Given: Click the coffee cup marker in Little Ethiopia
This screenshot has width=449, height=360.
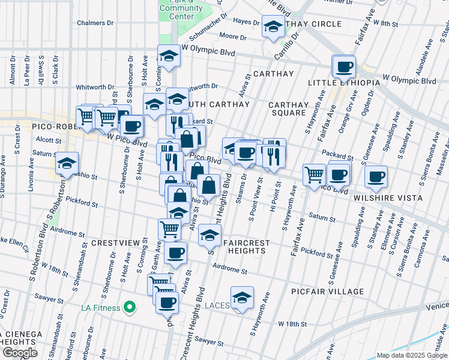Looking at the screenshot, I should coord(344,67).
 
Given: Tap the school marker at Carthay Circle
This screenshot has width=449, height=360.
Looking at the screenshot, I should coord(273,27).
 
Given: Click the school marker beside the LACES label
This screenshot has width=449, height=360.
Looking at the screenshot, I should coord(242,298).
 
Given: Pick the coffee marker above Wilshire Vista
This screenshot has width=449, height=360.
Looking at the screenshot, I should coord(376,176).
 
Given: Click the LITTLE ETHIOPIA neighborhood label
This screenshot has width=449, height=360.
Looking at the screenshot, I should coord(343,82).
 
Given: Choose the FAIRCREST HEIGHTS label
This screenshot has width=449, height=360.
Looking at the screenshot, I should coord(246,247).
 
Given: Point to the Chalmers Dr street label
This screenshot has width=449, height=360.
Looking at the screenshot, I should coord(95,23).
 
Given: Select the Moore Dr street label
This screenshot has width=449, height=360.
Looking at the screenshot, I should coord(229,37).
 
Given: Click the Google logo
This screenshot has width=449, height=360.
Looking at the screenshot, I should coord(20,353).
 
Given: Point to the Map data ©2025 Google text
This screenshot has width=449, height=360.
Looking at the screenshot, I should coord(411,355).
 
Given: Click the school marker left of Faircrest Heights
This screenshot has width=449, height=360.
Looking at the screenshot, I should coord(209,235).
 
